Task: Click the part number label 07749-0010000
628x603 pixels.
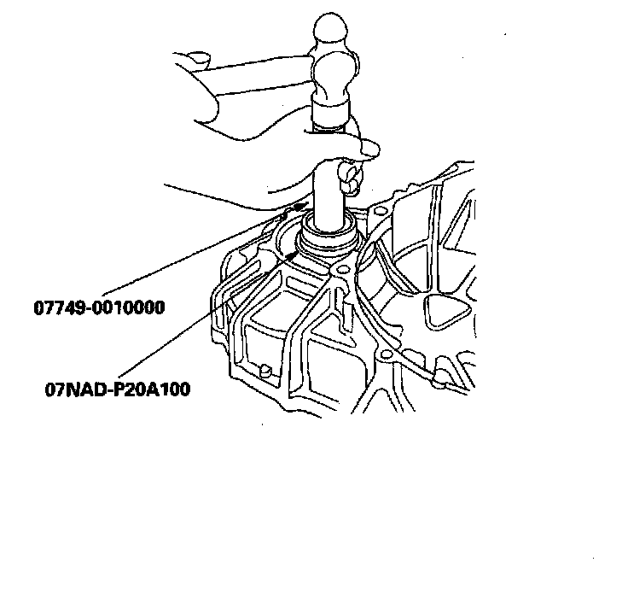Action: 99,307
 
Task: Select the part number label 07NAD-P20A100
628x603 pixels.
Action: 118,389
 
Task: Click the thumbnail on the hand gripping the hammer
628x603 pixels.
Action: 198,60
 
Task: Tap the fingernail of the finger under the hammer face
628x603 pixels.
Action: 369,150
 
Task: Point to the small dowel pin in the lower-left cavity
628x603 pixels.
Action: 267,370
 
